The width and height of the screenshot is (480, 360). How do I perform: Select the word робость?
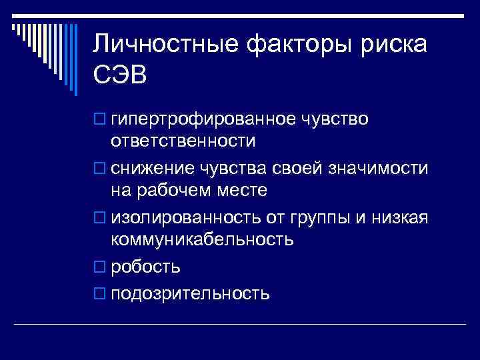[x=145, y=267]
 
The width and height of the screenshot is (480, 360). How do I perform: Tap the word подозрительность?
[x=190, y=293]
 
